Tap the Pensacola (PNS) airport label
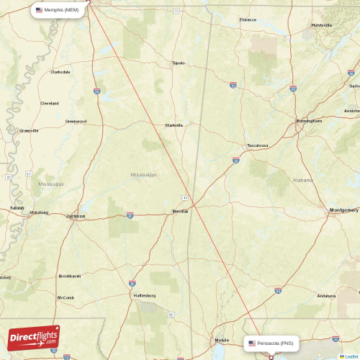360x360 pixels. pyautogui.click(x=272, y=343)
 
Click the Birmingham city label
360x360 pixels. pyautogui.click(x=309, y=121)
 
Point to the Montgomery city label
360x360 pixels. pyautogui.click(x=343, y=210)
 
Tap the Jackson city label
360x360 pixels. pyautogui.click(x=76, y=216)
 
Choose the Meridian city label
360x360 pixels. pyautogui.click(x=180, y=211)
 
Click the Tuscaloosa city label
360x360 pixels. pyautogui.click(x=257, y=145)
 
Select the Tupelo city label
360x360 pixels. pyautogui.click(x=178, y=63)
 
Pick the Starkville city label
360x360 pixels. pyautogui.click(x=174, y=125)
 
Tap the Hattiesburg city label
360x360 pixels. pyautogui.click(x=144, y=295)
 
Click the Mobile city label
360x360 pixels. pyautogui.click(x=221, y=340)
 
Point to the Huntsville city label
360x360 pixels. pyautogui.click(x=321, y=24)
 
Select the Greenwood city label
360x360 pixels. pyautogui.click(x=76, y=122)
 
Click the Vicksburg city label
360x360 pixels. pyautogui.click(x=38, y=212)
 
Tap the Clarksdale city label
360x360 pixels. pyautogui.click(x=60, y=72)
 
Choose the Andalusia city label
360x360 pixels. pyautogui.click(x=326, y=296)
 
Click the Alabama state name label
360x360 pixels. pyautogui.click(x=303, y=179)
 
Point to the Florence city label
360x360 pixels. pyautogui.click(x=248, y=20)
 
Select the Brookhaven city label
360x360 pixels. pyautogui.click(x=70, y=276)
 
